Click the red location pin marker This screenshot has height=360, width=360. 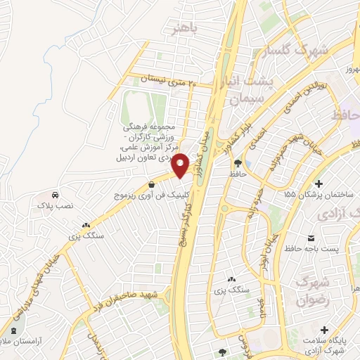(x=181, y=165)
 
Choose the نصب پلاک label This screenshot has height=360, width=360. (x=53, y=207)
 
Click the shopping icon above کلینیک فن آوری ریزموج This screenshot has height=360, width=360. (x=152, y=185)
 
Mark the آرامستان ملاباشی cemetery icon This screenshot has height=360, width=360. (x=14, y=329)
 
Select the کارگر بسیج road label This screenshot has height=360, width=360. (x=185, y=210)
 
